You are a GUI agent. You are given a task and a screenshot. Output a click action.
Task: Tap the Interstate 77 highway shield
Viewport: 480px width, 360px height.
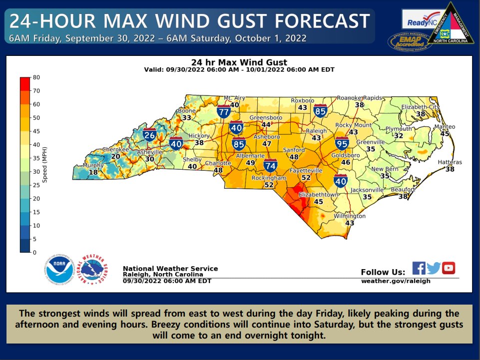click(224, 112)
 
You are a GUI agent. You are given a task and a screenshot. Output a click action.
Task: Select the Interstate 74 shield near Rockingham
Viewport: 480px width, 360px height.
click(271, 166)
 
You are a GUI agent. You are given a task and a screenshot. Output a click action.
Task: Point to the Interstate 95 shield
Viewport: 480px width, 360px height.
click(342, 144)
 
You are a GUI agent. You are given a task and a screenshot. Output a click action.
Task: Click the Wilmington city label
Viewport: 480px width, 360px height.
click(350, 216)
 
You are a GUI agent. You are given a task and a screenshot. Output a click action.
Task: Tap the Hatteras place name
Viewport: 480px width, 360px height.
click(450, 162)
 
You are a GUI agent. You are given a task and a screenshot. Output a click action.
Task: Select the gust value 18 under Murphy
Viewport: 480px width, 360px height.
click(93, 172)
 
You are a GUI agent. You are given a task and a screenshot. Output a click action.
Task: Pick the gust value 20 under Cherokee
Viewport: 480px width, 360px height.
click(115, 156)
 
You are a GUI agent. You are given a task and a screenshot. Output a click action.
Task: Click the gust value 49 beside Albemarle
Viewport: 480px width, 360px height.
click(250, 163)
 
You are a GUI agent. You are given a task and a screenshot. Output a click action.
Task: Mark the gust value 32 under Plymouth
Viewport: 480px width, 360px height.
click(398, 136)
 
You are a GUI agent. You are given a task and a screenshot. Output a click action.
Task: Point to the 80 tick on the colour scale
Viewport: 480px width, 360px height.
click(36, 77)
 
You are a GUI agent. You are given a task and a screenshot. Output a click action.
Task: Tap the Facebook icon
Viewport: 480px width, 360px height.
click(419, 268)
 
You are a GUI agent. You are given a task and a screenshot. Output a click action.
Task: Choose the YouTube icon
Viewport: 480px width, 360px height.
click(449, 268)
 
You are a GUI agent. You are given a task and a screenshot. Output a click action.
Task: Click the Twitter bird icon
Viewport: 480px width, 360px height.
click(434, 268)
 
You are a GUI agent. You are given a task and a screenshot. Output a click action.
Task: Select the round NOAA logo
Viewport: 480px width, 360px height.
click(59, 270)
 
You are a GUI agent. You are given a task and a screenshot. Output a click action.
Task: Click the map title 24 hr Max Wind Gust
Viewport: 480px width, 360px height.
click(239, 62)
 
